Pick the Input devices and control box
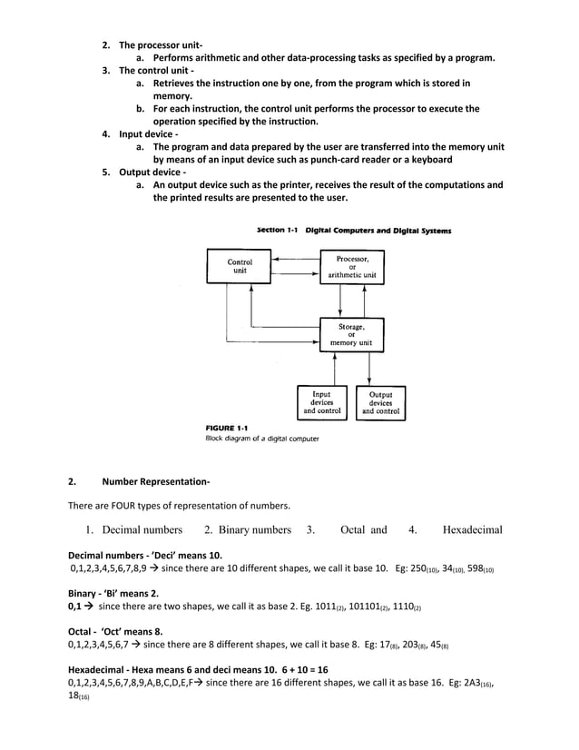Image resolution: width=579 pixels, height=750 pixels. (x=321, y=402)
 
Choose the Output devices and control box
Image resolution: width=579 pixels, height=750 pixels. (x=380, y=402)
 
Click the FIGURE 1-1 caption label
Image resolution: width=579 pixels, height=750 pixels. (x=226, y=427)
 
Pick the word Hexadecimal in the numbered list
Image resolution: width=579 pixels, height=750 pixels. (x=472, y=529)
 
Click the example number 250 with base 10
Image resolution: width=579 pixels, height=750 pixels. (x=421, y=569)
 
